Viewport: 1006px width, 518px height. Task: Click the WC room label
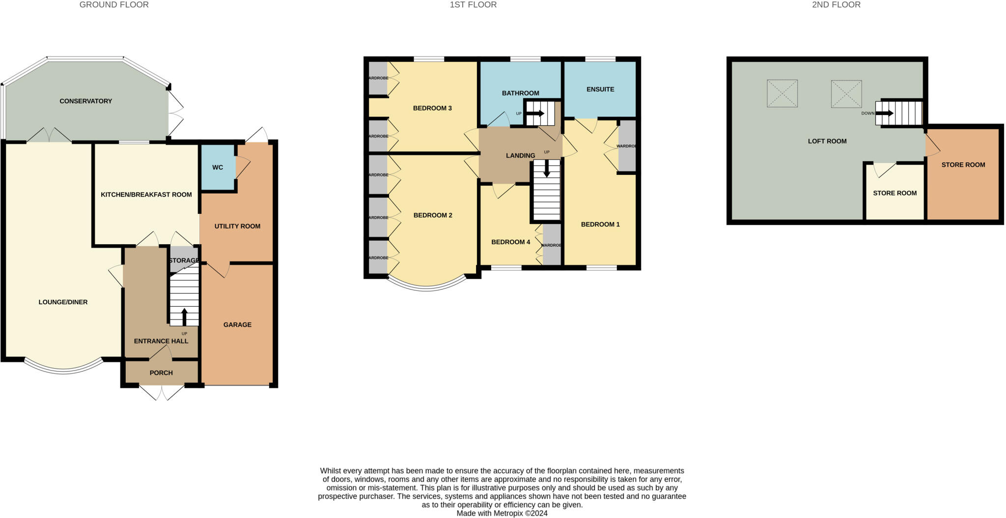pos(218,168)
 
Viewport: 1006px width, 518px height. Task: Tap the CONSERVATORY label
pos(86,101)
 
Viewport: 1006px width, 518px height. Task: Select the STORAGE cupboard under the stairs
pos(183,260)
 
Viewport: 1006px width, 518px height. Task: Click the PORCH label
pos(161,373)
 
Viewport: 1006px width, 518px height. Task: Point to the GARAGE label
pos(237,325)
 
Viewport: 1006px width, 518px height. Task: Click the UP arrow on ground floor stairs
pos(184,317)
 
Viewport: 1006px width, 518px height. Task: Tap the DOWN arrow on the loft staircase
pos(884,114)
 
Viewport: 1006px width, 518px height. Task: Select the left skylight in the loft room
pos(782,93)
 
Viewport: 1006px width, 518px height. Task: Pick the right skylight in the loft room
pos(846,94)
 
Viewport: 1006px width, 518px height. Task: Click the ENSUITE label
pos(600,89)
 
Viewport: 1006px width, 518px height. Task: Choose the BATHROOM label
pos(520,93)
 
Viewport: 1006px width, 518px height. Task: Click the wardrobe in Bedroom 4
pos(552,245)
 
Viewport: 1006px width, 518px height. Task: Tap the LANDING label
pos(520,156)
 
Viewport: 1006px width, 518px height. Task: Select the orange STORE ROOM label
pos(963,165)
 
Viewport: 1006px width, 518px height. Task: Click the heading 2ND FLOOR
pos(836,5)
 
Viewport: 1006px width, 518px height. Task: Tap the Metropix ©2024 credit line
pos(502,514)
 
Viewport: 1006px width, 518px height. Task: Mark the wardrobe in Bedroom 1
pos(627,146)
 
